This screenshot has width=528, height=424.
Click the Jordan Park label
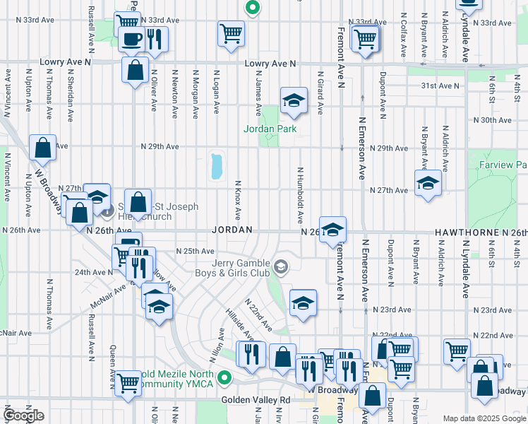click(270, 129)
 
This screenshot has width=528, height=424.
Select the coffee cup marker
click(131, 38)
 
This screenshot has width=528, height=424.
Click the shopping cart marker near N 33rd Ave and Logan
click(231, 34)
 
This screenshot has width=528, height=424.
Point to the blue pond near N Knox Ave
click(216, 167)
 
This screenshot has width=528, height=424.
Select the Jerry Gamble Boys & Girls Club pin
click(282, 266)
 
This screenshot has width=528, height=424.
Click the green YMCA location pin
click(224, 377)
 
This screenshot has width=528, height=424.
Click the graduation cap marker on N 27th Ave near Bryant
click(428, 184)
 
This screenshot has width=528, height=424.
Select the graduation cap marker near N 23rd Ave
click(303, 303)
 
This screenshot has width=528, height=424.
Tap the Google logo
click(24, 416)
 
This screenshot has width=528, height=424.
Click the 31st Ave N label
click(438, 86)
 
